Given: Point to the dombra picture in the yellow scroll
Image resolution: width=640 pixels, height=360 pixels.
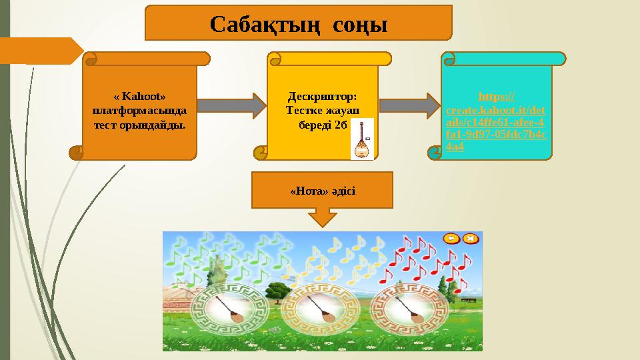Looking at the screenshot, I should click(362, 139).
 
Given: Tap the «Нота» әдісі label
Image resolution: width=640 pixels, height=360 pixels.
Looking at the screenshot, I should click(323, 191).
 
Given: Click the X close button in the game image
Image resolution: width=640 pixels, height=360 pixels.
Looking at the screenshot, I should click(471, 238).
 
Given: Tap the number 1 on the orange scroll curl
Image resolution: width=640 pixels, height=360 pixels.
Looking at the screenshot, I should click(79, 151).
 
